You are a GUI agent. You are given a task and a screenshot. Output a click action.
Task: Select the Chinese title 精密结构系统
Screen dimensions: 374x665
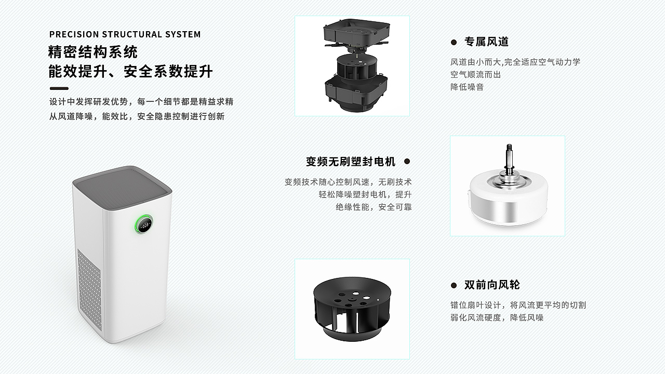93,52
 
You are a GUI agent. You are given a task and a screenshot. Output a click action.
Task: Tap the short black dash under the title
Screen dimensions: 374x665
59,88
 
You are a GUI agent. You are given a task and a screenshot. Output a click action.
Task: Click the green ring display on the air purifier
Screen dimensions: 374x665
144,225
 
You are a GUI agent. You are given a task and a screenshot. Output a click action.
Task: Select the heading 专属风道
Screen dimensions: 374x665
486,42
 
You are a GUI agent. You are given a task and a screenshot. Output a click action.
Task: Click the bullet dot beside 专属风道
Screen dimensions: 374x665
454,42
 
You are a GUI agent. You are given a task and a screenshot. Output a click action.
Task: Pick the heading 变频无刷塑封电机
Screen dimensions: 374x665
351,162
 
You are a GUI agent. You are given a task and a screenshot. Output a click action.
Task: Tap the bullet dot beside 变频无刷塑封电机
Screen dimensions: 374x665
407,162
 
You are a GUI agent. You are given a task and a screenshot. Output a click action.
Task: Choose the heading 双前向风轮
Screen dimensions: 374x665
491,285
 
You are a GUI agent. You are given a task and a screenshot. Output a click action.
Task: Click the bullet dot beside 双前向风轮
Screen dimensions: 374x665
454,285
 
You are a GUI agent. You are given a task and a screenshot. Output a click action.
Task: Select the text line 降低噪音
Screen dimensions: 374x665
467,87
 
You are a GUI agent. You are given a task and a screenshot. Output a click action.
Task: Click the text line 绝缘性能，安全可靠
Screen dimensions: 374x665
374,207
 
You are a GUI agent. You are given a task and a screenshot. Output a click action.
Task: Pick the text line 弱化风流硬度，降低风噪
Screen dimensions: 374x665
497,317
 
